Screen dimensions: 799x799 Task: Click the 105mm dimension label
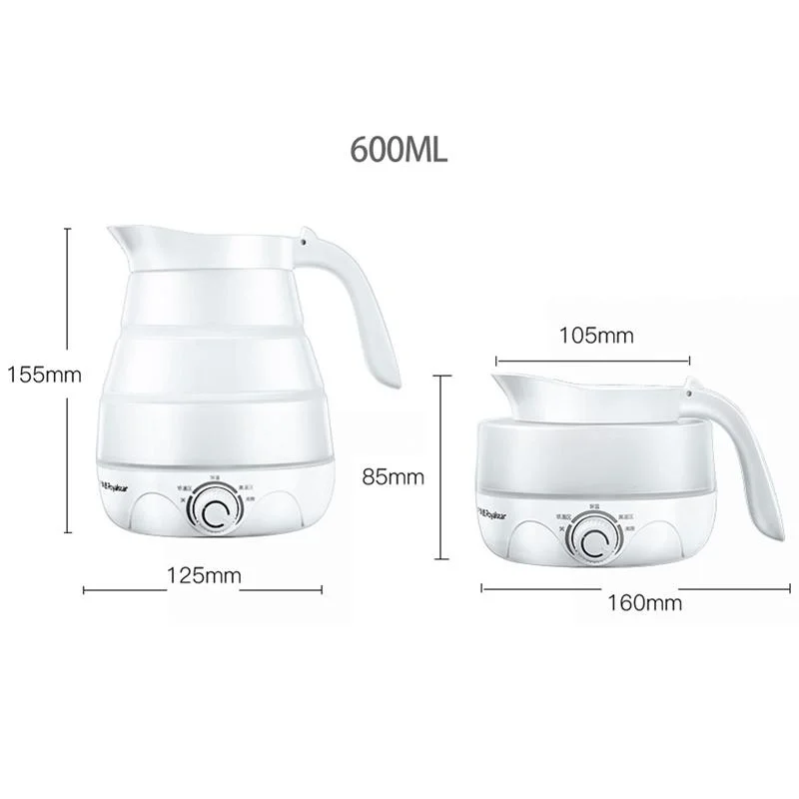(595, 336)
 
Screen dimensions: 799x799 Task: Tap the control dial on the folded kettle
(598, 543)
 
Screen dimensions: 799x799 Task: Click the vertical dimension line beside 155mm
(68, 300)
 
